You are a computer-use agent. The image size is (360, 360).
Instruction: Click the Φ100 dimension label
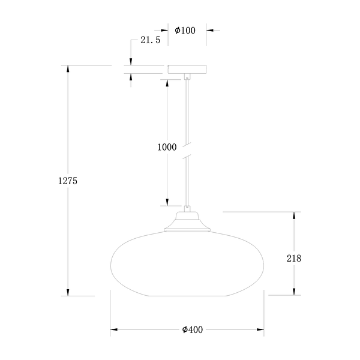pyautogui.click(x=185, y=31)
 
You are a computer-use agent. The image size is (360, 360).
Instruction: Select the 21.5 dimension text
pyautogui.click(x=151, y=40)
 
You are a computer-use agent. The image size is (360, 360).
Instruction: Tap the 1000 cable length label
pyautogui.click(x=167, y=147)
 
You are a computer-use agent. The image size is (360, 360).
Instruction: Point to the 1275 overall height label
pyautogui.click(x=68, y=181)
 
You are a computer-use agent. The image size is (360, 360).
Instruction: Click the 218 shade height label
pyautogui.click(x=294, y=259)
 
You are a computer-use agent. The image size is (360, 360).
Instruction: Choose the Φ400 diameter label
pyautogui.click(x=193, y=329)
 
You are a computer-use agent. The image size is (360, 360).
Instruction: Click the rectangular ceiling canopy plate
pyautogui.click(x=187, y=70)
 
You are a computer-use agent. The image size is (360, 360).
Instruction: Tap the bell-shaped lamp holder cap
pyautogui.click(x=187, y=221)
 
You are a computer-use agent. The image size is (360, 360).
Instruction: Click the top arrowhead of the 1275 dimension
pyautogui.click(x=68, y=69)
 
